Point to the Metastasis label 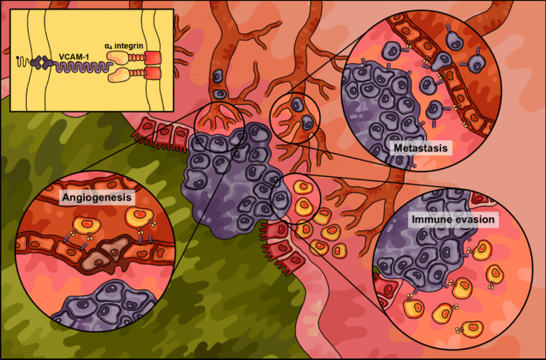(421, 149)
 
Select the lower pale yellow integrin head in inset (121, 74)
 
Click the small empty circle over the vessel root (219, 121)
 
